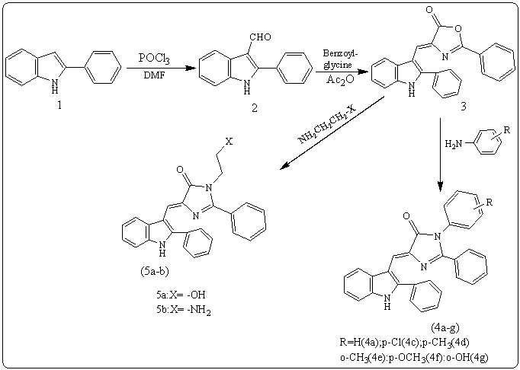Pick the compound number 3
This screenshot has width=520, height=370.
[x=464, y=107]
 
